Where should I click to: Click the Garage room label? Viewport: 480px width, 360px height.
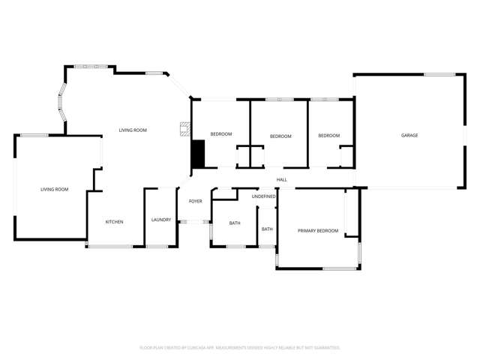409,136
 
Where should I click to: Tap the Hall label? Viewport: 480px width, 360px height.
282,180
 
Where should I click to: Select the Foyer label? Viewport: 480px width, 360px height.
195,202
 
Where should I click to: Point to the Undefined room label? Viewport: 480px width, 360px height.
264,196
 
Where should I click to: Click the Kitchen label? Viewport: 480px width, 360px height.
114,222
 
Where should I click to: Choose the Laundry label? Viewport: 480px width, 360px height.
161,220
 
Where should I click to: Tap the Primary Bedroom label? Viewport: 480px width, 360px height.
318,231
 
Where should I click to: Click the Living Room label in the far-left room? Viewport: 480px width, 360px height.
54,190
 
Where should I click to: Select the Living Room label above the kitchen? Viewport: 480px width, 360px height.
133,130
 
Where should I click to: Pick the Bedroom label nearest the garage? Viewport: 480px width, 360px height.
328,136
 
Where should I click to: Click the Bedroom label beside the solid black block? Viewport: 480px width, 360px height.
220,134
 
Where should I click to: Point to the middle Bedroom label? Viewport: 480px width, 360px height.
280,136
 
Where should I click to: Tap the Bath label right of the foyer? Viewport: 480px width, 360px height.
235,223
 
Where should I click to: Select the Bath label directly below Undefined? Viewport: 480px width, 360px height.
267,229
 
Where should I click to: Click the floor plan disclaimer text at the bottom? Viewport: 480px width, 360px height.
240,348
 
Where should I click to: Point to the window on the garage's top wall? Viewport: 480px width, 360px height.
439,74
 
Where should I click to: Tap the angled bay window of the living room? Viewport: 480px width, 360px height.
61,104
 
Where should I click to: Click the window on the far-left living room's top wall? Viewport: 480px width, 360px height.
34,136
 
